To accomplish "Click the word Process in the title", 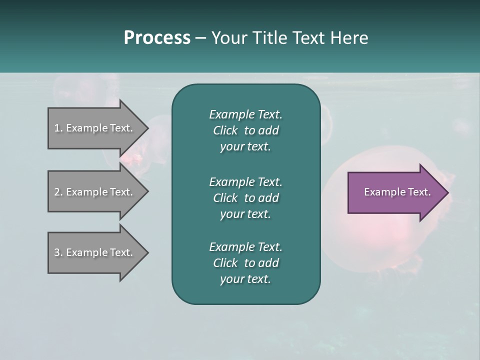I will point(157,38).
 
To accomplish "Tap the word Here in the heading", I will point(349,38).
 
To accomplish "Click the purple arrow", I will point(395,192).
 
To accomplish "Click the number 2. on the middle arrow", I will point(58,192).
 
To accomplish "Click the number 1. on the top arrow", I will point(58,128).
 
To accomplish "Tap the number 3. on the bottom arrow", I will point(58,252).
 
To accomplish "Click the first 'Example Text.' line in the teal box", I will point(245,114).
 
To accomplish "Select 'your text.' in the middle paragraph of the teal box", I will point(245,214).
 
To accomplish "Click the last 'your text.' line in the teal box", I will point(245,279).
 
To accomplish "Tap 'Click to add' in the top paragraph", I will point(245,130).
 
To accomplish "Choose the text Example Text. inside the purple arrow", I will point(397,192).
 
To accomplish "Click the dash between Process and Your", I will point(201,38).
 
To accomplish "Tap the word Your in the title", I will point(228,38).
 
